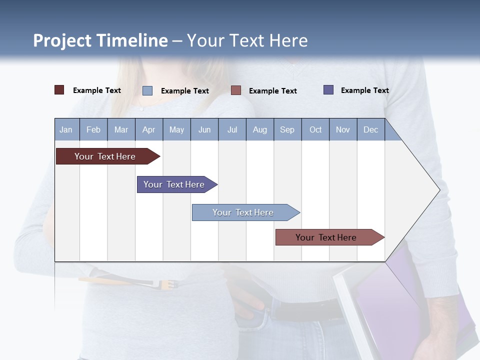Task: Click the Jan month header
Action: [66, 129]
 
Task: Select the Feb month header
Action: [93, 129]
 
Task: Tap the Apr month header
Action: [149, 129]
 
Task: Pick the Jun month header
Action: [204, 129]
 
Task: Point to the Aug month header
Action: [260, 129]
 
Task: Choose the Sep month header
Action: [287, 129]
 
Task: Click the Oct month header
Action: [315, 129]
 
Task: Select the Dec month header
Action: [371, 129]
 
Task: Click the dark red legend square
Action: [59, 90]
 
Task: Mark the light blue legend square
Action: [147, 90]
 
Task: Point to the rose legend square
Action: [236, 90]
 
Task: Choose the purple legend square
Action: [328, 90]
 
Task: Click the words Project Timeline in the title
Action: [100, 40]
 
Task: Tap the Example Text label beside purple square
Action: [364, 90]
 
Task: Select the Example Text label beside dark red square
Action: [97, 90]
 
